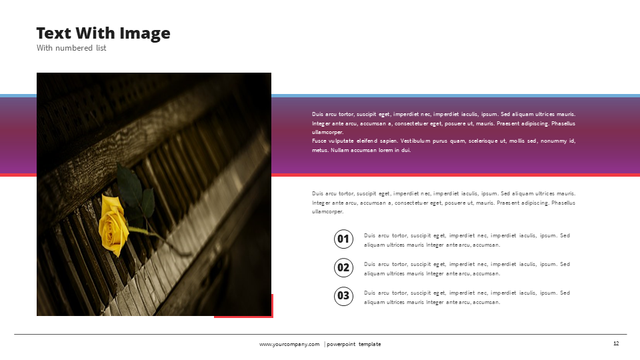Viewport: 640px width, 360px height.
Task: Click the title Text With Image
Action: coord(103,33)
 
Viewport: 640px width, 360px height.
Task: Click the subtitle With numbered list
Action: coord(71,48)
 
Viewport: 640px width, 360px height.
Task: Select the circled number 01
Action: coord(343,239)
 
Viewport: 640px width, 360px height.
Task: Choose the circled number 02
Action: coord(343,268)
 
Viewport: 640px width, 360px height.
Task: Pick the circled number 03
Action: coord(343,296)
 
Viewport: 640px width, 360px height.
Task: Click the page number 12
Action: coord(616,343)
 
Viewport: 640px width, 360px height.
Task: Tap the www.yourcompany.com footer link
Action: coord(289,344)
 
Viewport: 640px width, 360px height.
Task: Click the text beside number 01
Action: coord(467,240)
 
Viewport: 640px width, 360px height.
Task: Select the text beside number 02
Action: coord(467,269)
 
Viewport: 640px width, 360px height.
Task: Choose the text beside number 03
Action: coord(467,297)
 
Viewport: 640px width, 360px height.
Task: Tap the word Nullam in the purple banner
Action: coord(341,150)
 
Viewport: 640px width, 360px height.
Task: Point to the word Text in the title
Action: coord(53,33)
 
